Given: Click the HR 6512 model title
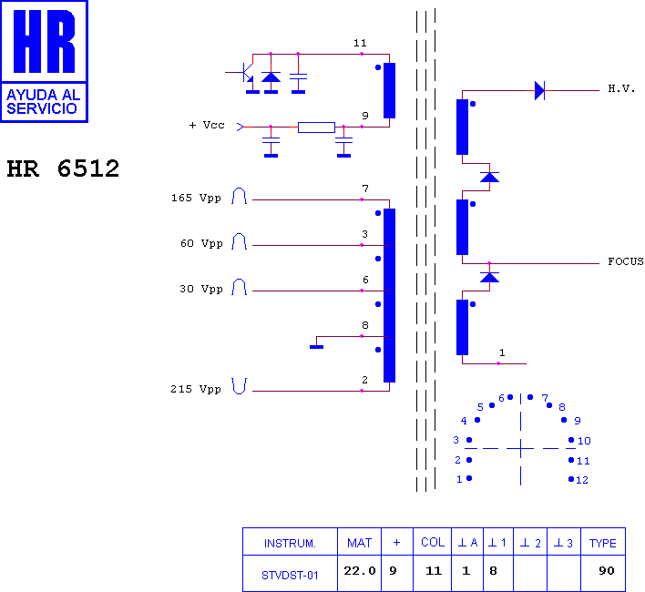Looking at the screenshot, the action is pyautogui.click(x=63, y=168).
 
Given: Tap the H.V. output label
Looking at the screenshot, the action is pyautogui.click(x=621, y=89).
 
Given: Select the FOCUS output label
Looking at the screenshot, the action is pyautogui.click(x=626, y=261).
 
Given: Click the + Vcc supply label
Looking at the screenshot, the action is pyautogui.click(x=207, y=125).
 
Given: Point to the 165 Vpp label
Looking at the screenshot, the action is pyautogui.click(x=196, y=199).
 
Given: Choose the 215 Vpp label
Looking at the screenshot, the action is pyautogui.click(x=196, y=389).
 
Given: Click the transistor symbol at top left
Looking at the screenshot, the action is pyautogui.click(x=247, y=73).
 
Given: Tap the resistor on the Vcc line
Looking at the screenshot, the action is pyautogui.click(x=316, y=128).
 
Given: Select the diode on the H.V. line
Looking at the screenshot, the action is pyautogui.click(x=539, y=90).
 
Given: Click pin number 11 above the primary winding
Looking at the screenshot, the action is pyautogui.click(x=360, y=43).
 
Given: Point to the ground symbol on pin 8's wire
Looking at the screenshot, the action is pyautogui.click(x=316, y=347).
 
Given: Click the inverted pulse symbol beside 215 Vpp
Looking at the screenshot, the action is pyautogui.click(x=239, y=386).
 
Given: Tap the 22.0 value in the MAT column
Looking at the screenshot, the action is pyautogui.click(x=360, y=571).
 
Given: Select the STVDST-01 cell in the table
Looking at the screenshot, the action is pyautogui.click(x=290, y=575).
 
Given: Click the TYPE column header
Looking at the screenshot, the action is pyautogui.click(x=602, y=544).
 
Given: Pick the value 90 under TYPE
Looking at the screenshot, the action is pyautogui.click(x=607, y=571).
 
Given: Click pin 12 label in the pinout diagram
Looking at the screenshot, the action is pyautogui.click(x=582, y=480).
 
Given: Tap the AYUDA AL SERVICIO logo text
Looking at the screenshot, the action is pyautogui.click(x=43, y=101).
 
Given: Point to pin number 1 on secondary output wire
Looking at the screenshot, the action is pyautogui.click(x=502, y=352).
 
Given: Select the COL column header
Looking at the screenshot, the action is pyautogui.click(x=433, y=542).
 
